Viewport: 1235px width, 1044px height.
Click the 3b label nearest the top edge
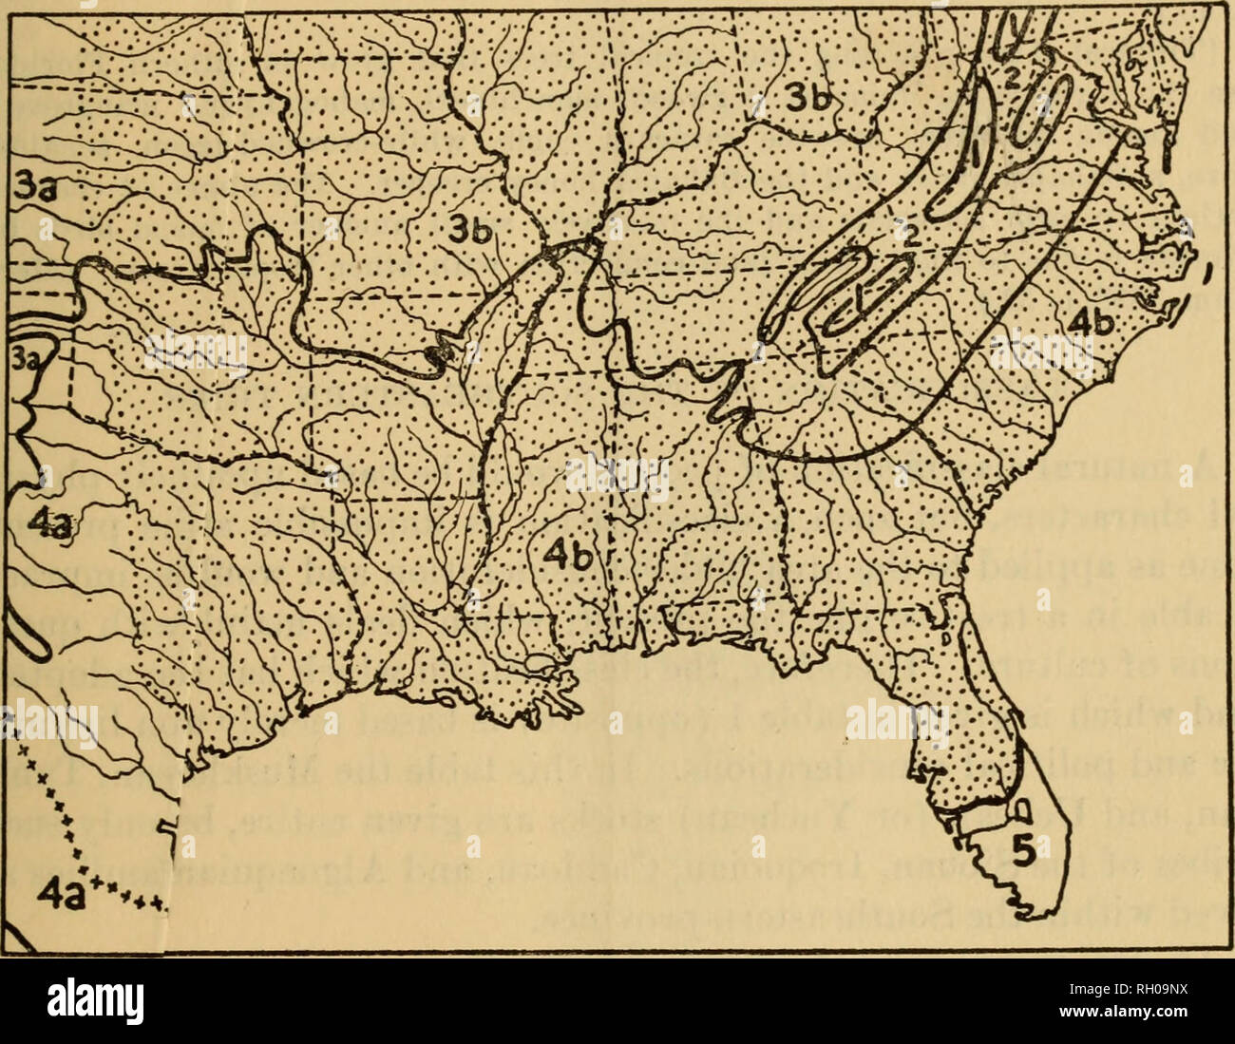pos(809,94)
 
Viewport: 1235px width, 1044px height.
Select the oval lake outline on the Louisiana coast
pos(538,662)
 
